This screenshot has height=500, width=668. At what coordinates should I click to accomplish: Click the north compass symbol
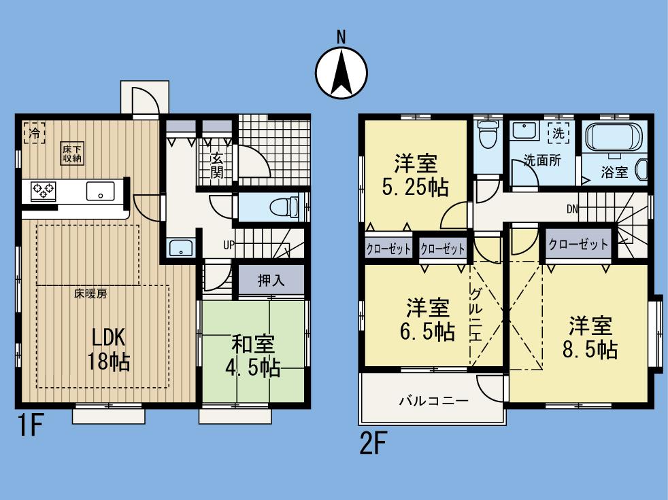[341, 70]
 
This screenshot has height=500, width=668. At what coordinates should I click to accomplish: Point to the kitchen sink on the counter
[100, 192]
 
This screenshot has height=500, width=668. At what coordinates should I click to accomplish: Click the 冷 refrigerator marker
[31, 133]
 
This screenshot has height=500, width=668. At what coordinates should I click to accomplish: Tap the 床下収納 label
[72, 154]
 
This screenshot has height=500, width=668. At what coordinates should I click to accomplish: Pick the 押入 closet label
[270, 280]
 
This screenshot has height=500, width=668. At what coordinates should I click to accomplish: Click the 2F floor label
[373, 445]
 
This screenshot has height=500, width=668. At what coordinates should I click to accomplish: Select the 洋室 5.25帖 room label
[416, 175]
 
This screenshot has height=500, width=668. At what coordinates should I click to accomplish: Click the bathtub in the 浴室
[614, 137]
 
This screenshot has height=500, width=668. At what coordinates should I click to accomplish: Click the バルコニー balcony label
[433, 401]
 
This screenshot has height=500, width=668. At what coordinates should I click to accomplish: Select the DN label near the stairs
[573, 209]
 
